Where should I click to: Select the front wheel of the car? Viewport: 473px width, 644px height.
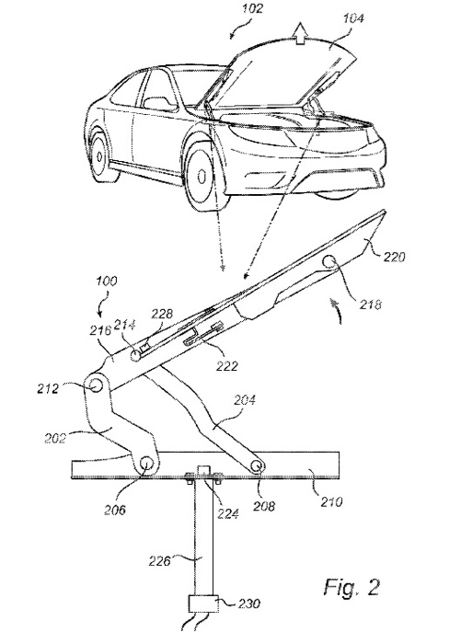pyautogui.click(x=204, y=171)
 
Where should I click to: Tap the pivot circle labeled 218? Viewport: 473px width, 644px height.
pyautogui.click(x=329, y=264)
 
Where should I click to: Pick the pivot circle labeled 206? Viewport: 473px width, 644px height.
pyautogui.click(x=146, y=466)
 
